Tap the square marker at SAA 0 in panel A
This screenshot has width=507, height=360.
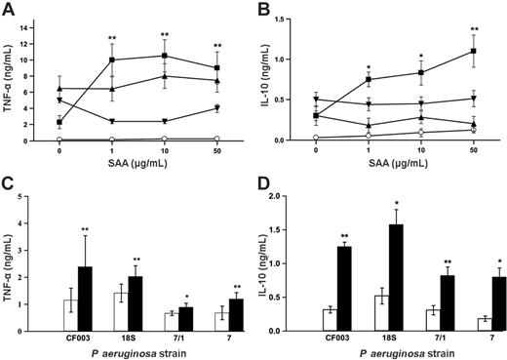click(x=59, y=122)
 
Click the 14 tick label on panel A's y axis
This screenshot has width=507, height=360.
click(x=37, y=16)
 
